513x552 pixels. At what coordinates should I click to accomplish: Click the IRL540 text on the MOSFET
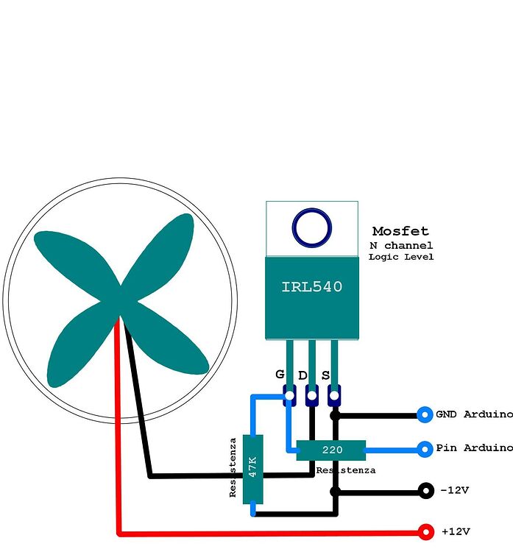click(311, 287)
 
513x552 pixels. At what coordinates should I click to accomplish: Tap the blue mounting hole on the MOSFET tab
click(311, 227)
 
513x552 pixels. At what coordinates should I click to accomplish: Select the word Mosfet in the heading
click(400, 231)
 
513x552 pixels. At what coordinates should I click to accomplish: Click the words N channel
click(401, 245)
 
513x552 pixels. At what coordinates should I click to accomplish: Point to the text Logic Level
click(401, 257)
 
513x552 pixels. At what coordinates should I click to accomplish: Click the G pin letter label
click(280, 374)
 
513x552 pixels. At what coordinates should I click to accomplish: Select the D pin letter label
click(303, 375)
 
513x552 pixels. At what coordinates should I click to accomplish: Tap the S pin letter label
click(325, 375)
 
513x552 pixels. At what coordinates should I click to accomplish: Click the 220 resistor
click(331, 450)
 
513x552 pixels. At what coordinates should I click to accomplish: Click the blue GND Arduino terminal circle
click(425, 415)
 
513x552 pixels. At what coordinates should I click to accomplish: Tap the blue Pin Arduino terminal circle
click(425, 448)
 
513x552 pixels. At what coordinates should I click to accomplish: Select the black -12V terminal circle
click(425, 490)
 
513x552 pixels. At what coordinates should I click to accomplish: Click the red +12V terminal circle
click(425, 531)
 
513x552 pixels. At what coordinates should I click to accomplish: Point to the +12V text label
click(456, 531)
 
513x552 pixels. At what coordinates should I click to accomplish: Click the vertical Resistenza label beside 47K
click(233, 467)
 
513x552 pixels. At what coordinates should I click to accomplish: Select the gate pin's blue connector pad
click(289, 397)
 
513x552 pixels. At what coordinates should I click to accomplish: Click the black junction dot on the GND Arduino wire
click(335, 415)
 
